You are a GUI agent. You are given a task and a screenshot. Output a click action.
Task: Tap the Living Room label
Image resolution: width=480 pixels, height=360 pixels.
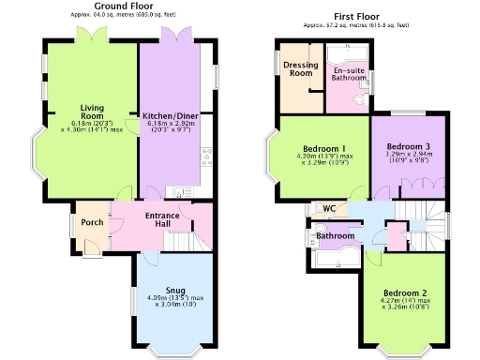click(92, 112)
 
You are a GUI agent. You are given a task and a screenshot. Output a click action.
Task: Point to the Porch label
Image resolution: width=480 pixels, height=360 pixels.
click(92, 222)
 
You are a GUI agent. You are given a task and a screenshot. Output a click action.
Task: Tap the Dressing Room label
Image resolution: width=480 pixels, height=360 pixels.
click(301, 69)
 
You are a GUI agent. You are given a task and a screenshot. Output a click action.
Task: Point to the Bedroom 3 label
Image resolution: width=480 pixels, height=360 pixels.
click(409, 146)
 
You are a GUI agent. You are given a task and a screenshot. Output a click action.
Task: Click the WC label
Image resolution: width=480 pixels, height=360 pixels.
click(329, 207)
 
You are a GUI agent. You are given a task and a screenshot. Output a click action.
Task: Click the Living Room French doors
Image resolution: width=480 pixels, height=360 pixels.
click(92, 36)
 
